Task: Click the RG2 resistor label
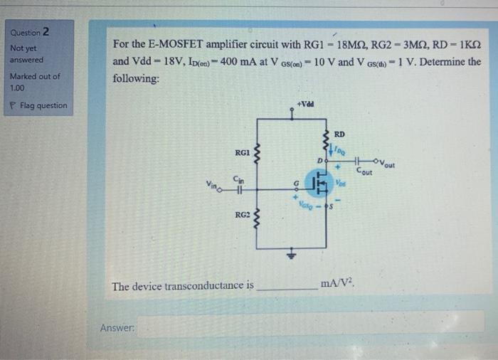pos(242,213)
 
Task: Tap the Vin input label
pos(213,186)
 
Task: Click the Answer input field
pos(310,327)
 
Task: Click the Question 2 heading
pos(30,31)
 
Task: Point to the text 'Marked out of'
pos(35,76)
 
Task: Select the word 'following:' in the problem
pos(137,78)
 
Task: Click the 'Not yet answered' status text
pos(26,53)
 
